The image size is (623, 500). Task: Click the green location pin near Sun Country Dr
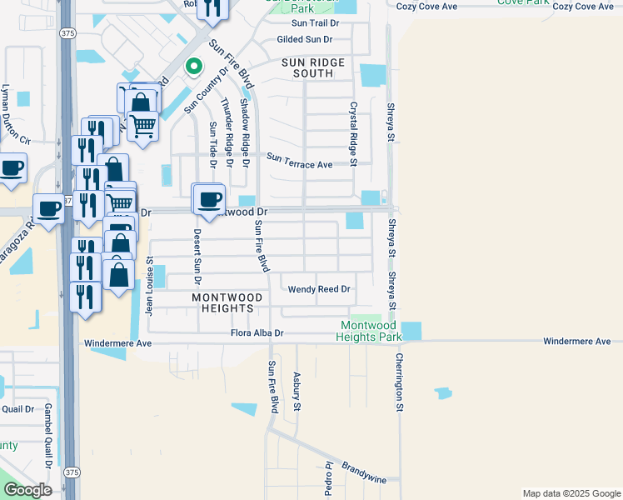tap(193, 66)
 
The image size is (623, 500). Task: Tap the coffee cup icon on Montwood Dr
tap(209, 199)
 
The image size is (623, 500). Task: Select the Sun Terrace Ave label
tap(300, 165)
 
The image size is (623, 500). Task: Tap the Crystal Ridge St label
tap(353, 134)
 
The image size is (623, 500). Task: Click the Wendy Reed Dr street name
tap(319, 289)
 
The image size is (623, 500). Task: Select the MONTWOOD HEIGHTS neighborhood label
tap(227, 302)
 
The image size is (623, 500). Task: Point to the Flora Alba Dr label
tap(257, 333)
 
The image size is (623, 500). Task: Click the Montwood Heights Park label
tap(368, 331)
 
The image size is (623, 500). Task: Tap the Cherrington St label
tap(399, 383)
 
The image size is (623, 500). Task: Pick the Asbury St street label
tap(296, 392)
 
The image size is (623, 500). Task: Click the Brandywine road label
tap(360, 457)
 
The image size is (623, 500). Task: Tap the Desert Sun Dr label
tap(197, 251)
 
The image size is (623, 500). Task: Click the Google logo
tap(27, 490)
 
